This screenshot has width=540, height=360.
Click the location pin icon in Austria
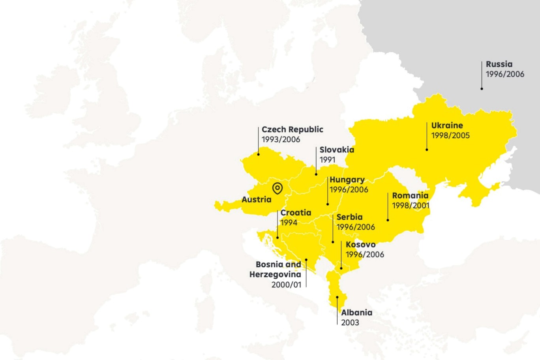pos(277,188)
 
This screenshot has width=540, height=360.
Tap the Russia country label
pos(499,64)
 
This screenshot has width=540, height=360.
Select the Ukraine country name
pos(447,126)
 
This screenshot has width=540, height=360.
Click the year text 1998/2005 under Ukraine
pos(450,135)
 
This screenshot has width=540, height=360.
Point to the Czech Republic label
pos(292,129)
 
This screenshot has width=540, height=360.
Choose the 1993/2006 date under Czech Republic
pos(281,139)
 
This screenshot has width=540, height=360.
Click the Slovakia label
pos(337,150)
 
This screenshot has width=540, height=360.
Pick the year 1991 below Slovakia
pos(327,159)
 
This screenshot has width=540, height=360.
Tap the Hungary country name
pos(347,180)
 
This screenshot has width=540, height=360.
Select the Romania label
pos(410,195)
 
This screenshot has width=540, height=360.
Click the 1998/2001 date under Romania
pos(411,205)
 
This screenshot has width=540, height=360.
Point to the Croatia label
pos(296,213)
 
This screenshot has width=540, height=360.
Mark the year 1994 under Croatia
pos(289,223)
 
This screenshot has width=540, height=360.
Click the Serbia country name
pos(349,217)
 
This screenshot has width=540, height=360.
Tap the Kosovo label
pos(360,244)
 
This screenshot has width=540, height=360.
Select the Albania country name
pos(356,313)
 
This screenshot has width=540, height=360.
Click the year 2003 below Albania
pos(350,322)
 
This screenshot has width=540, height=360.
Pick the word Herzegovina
pos(275,274)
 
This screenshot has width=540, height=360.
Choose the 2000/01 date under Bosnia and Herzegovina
pos(286,284)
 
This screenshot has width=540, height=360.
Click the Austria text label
pos(256,199)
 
